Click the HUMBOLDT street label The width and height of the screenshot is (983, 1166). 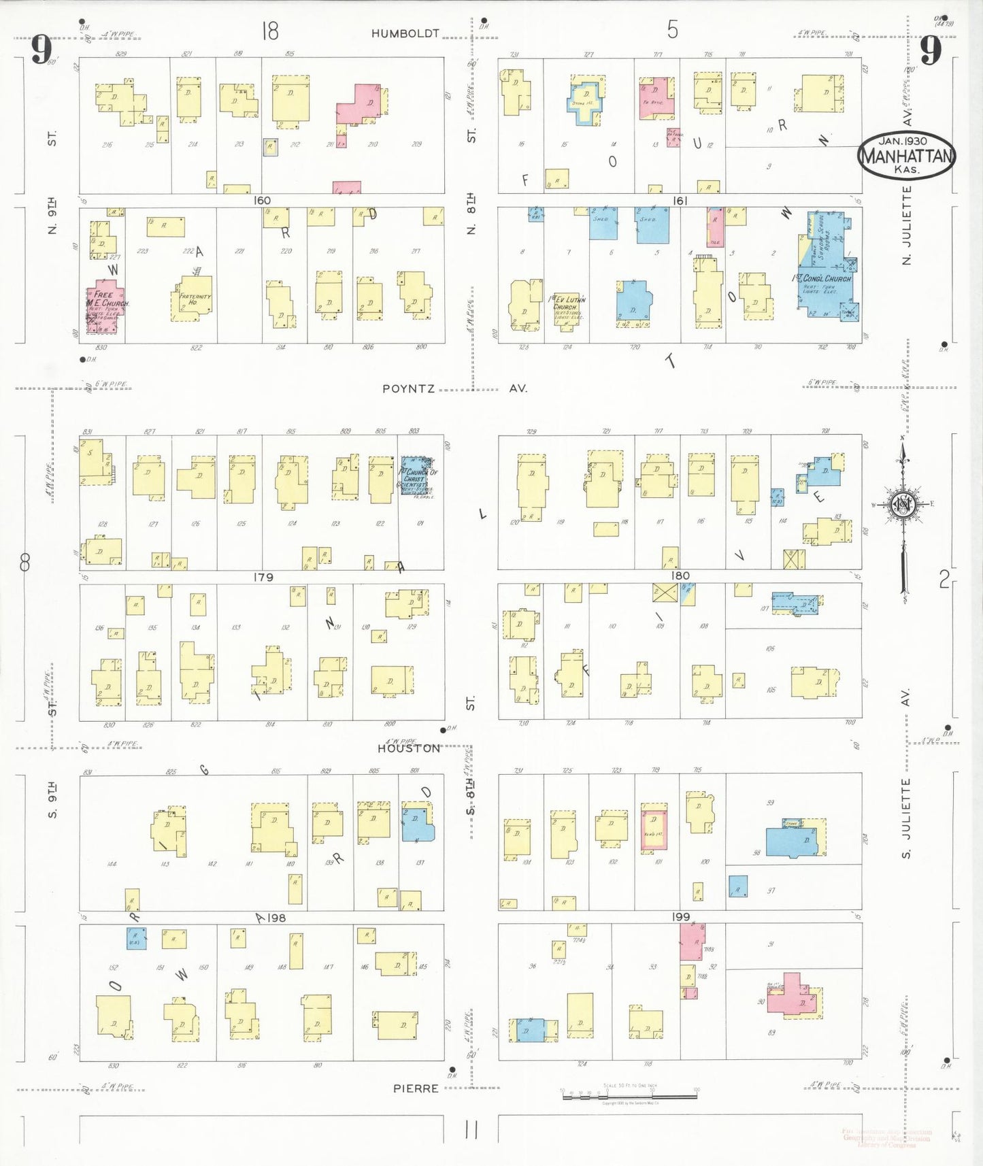pos(405,33)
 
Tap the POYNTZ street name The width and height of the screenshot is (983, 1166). pos(408,388)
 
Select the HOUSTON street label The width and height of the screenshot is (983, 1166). pos(409,748)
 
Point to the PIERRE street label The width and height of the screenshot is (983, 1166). pos(416,1088)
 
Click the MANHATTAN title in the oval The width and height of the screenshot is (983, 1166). pos(906,156)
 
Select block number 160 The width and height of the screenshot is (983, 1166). pos(262,201)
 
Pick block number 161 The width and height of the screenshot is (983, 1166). pos(680,201)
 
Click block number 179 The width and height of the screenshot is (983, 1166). pos(263,577)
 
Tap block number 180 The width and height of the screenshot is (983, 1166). pos(680,576)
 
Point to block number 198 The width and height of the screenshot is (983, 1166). pos(276,918)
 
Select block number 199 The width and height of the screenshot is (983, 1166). pos(681,916)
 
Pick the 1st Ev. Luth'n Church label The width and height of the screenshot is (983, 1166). pos(566,303)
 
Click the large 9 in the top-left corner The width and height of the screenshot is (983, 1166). pos(41,50)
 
